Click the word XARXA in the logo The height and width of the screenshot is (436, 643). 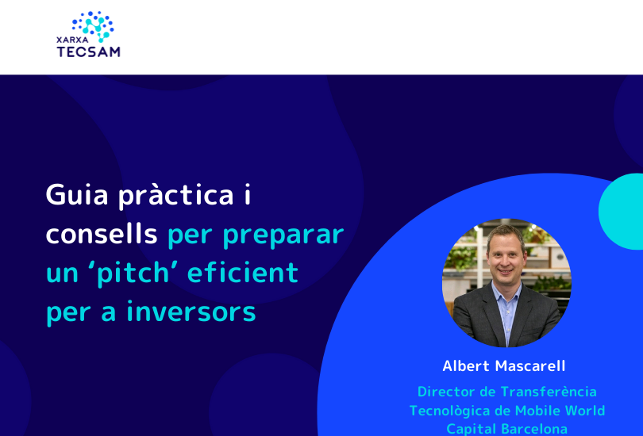(x=72, y=40)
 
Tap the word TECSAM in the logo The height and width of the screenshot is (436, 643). (x=89, y=52)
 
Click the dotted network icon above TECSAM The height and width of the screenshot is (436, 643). (x=94, y=26)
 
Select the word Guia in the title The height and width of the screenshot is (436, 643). (x=77, y=194)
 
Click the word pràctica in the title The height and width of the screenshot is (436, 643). (x=176, y=196)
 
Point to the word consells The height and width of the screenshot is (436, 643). (x=102, y=233)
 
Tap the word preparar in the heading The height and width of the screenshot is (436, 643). (x=283, y=235)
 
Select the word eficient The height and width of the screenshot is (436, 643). (x=243, y=272)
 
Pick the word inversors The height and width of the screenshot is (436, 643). (x=191, y=312)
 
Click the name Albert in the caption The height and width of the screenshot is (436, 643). (x=466, y=365)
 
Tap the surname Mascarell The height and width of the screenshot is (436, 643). (x=530, y=365)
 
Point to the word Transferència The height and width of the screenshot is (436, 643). (x=549, y=392)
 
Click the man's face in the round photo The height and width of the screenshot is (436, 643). (x=506, y=256)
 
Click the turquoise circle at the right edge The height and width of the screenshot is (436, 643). (x=622, y=211)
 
